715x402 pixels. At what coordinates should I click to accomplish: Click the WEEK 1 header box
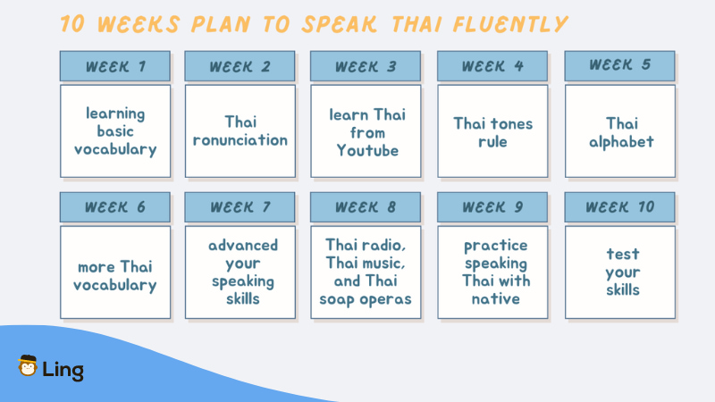[115, 66]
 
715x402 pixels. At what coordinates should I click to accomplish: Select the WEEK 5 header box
[619, 66]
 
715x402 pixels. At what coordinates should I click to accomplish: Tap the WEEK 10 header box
[619, 207]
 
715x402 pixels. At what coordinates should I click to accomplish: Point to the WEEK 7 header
[240, 207]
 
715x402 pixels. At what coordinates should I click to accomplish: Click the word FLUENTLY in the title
[510, 24]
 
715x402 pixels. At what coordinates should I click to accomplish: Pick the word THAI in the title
[416, 24]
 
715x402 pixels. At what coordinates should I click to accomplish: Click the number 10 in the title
[72, 24]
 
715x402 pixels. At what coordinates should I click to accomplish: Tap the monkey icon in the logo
[28, 365]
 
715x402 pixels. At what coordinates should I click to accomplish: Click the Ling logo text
[63, 370]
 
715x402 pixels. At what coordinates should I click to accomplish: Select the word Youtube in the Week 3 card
[367, 151]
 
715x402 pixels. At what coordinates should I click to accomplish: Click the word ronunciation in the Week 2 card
[240, 140]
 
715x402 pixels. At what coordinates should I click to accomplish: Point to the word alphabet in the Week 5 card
[621, 142]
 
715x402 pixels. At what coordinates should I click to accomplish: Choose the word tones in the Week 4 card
[510, 123]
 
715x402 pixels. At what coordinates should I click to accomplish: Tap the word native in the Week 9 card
[496, 299]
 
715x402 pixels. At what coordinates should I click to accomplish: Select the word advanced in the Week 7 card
[243, 245]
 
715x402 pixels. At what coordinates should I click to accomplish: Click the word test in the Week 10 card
[623, 254]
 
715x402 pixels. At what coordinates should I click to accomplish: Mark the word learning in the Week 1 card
[115, 114]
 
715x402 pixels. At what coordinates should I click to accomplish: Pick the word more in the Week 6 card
[97, 267]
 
